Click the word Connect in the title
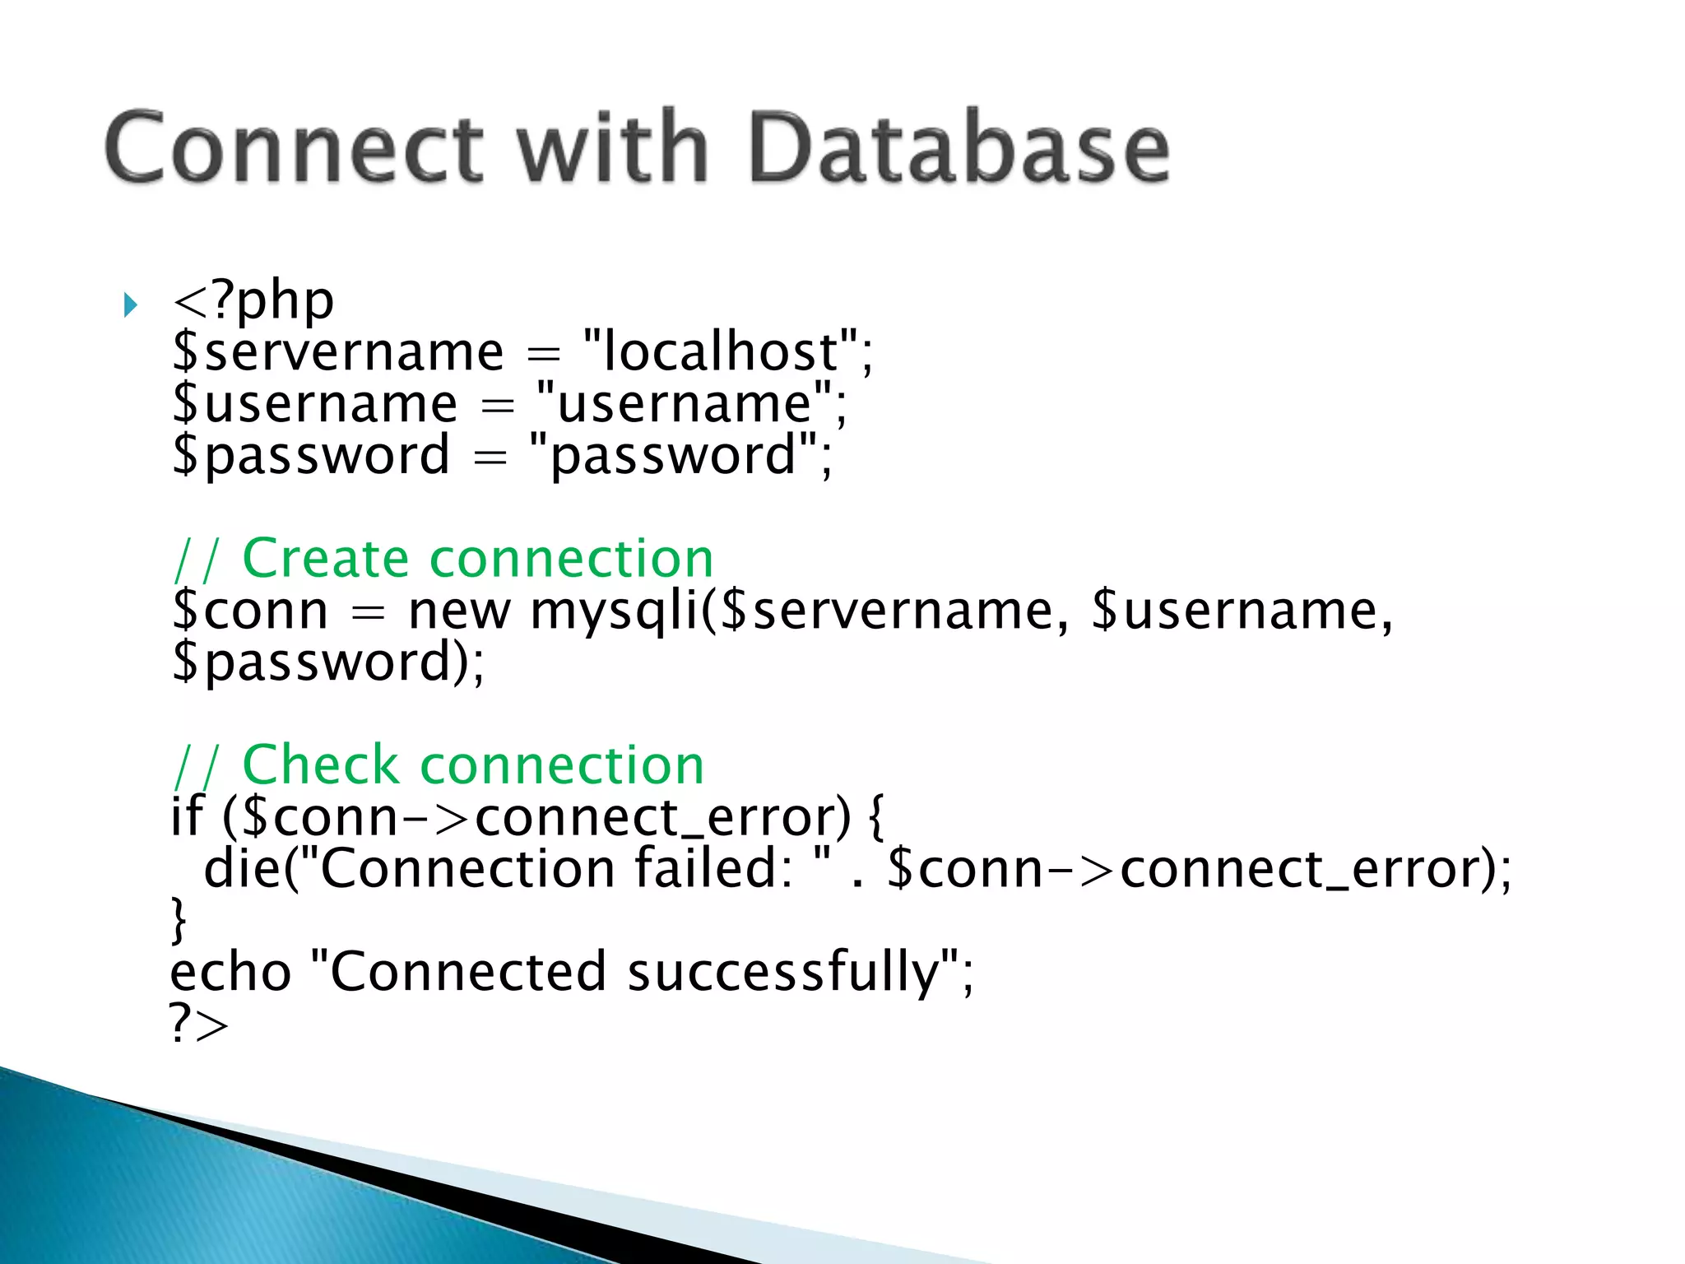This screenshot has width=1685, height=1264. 293,148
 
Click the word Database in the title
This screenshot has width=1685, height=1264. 959,148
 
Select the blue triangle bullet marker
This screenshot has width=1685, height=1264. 130,306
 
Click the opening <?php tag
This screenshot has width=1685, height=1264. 253,301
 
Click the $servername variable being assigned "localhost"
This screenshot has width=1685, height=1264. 338,352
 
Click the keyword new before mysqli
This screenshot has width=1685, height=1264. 459,611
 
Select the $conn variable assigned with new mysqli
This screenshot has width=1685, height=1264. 250,611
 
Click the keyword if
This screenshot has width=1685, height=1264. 186,817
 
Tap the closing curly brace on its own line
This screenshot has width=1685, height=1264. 179,920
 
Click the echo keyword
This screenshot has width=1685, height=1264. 230,973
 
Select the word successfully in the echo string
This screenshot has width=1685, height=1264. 783,973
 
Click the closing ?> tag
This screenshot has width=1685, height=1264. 198,1024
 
